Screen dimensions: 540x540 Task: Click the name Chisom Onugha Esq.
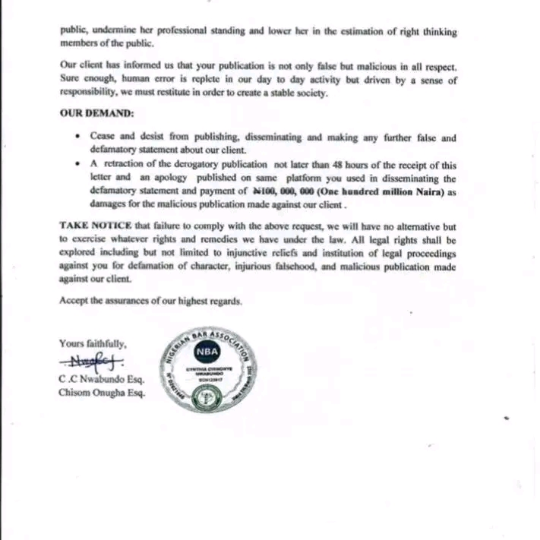click(x=101, y=393)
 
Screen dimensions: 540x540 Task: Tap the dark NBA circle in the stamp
click(x=207, y=352)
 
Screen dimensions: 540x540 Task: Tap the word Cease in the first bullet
click(x=103, y=138)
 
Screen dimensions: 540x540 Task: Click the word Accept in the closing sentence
click(x=74, y=301)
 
